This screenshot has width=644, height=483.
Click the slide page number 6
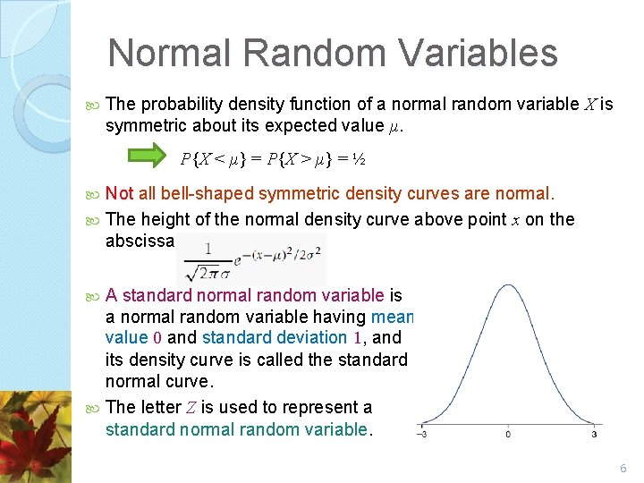[x=623, y=469]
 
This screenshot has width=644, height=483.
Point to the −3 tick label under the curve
[x=420, y=435]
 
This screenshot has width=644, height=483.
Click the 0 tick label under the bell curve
[x=507, y=435]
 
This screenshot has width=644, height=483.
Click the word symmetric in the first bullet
[x=144, y=126]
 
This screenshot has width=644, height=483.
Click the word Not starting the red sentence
[x=119, y=194]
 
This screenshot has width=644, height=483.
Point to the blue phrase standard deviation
[x=275, y=338]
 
